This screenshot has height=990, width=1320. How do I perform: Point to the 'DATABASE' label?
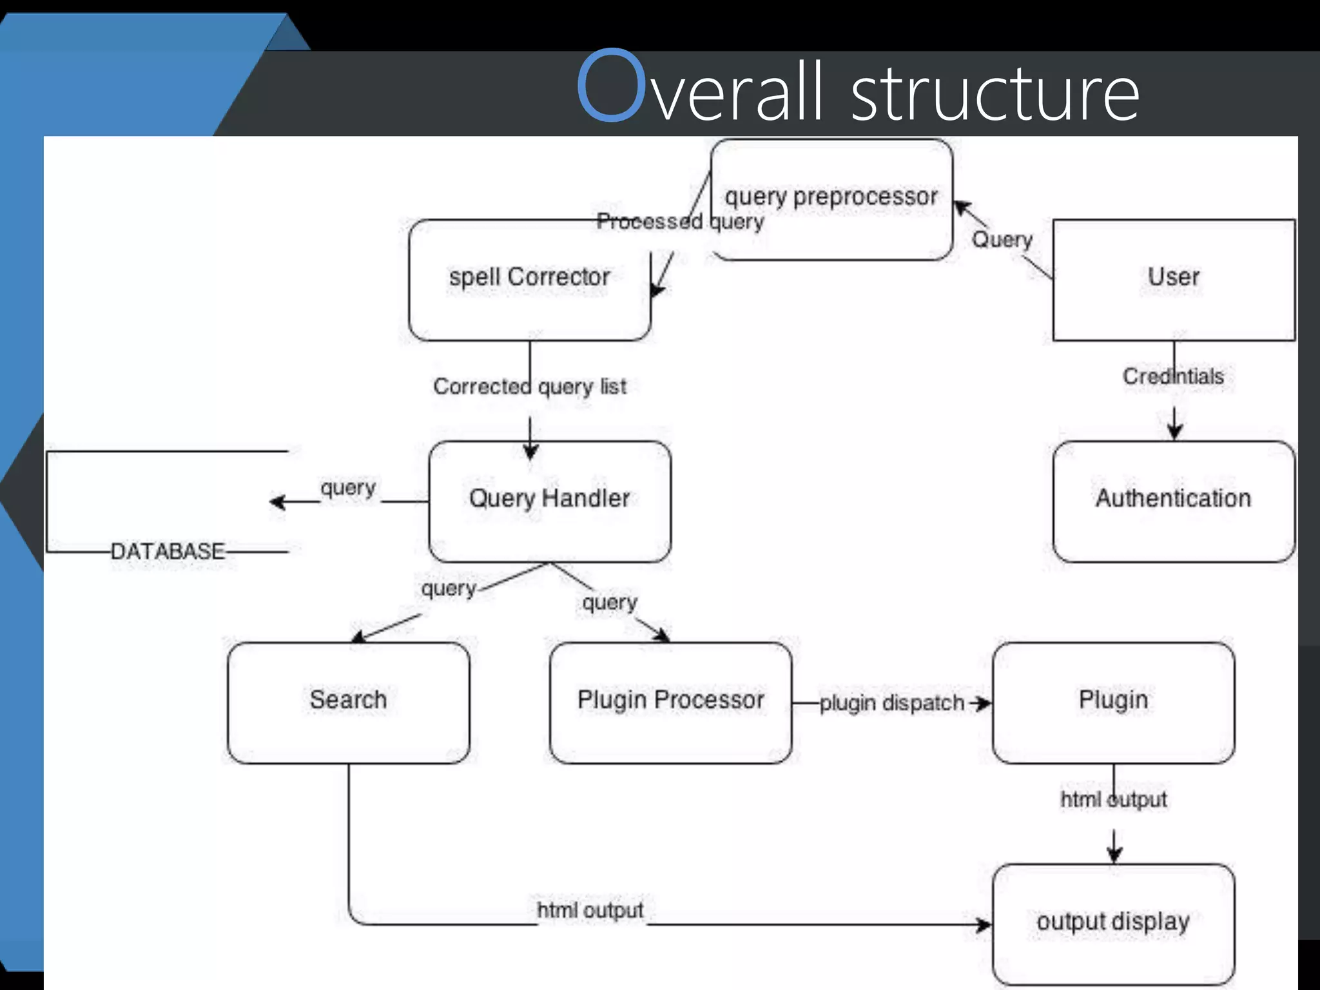tap(168, 552)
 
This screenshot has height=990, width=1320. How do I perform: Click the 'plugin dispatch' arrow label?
tap(891, 703)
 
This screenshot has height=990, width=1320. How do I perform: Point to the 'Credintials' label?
tap(1173, 376)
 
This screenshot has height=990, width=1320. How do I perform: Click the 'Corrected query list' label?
tap(529, 387)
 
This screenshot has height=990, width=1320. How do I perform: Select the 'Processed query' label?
tap(680, 222)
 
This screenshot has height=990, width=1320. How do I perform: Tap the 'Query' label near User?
tap(1002, 240)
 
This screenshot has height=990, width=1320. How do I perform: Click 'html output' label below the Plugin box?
tap(1113, 800)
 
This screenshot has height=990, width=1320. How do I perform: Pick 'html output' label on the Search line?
tap(590, 911)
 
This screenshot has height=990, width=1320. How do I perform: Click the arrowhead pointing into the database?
tap(277, 501)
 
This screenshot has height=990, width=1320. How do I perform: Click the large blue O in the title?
tap(611, 85)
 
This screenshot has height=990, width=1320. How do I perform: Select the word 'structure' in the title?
tap(996, 93)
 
